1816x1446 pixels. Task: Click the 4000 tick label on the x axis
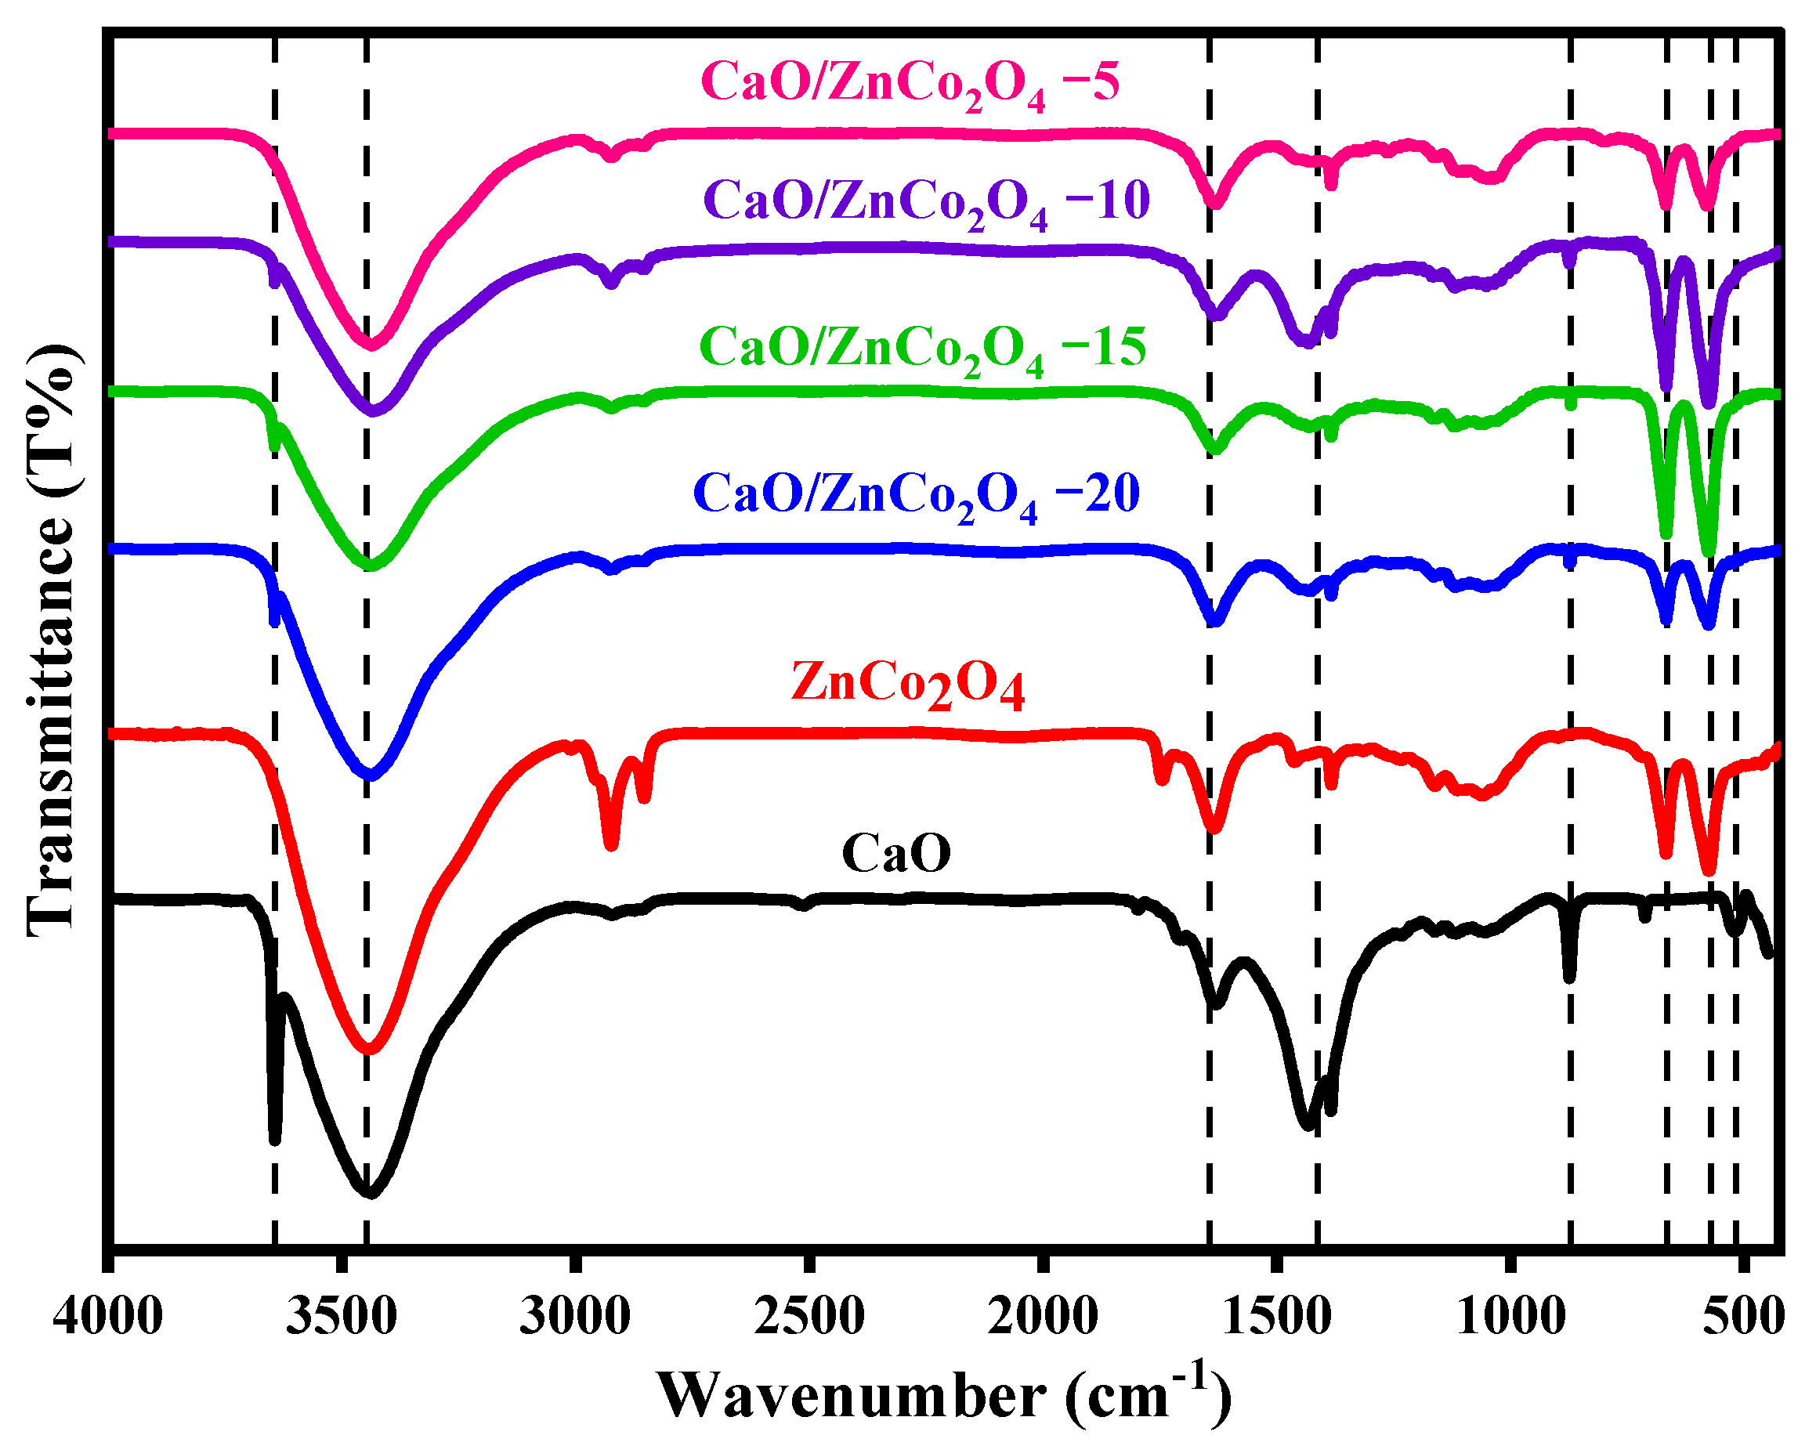pos(108,1315)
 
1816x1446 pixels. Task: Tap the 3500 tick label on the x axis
pos(341,1315)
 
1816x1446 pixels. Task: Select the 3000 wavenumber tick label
pos(574,1315)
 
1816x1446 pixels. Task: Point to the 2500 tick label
pos(809,1315)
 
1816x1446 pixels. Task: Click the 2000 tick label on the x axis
pos(1043,1315)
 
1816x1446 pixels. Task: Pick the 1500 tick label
pos(1277,1315)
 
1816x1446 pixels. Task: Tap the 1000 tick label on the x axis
pos(1511,1315)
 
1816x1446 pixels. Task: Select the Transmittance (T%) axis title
pos(52,640)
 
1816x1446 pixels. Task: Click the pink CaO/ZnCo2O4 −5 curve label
pos(910,85)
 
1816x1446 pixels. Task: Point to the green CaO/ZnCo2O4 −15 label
pos(922,349)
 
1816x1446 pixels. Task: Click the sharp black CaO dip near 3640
pos(274,1137)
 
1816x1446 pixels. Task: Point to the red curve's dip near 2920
pos(612,844)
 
